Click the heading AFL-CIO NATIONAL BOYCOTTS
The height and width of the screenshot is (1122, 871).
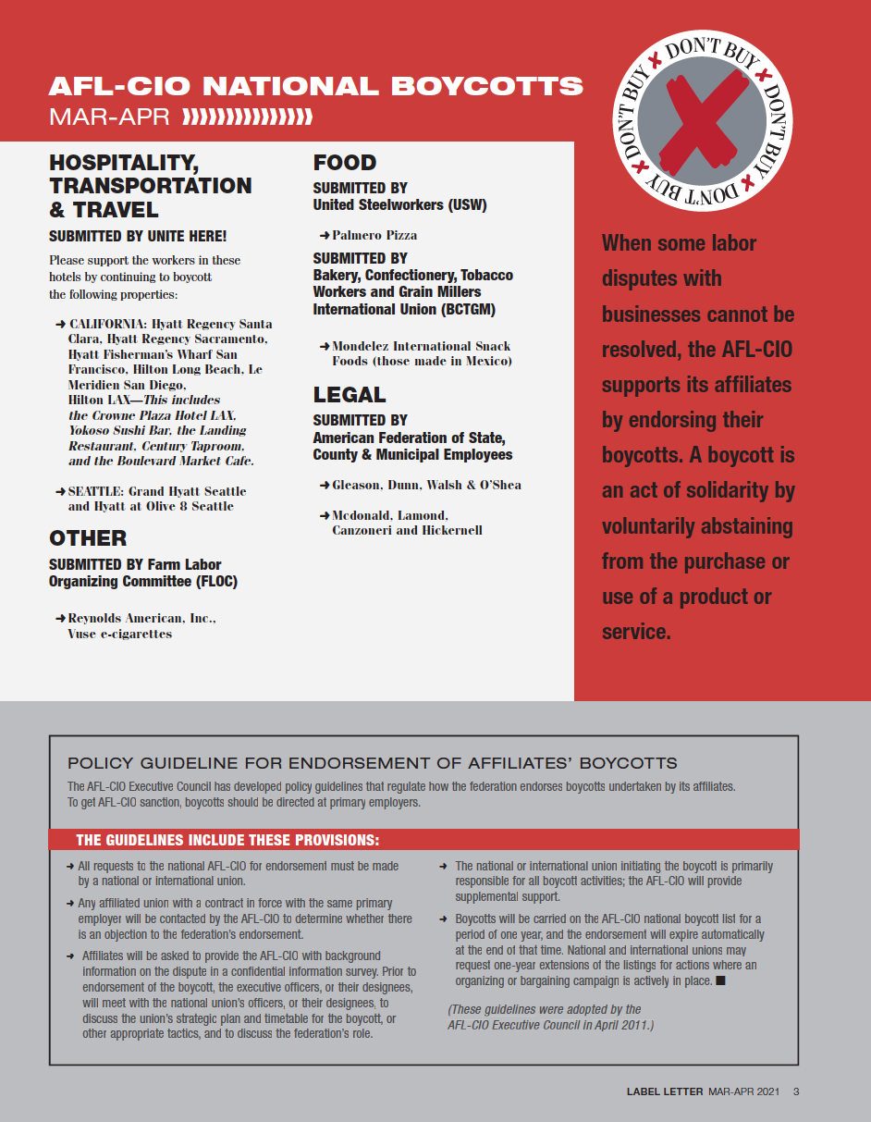click(x=316, y=87)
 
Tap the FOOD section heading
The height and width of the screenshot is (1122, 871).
click(x=344, y=163)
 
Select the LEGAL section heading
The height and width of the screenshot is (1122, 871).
click(x=350, y=395)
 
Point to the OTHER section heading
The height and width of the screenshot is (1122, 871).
click(x=88, y=538)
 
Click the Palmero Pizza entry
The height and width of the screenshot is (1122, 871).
click(x=374, y=236)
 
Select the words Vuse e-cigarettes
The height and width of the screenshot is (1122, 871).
click(x=120, y=634)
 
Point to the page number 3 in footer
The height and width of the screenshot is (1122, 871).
click(x=796, y=1091)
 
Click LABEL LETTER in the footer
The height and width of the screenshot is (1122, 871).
click(x=665, y=1091)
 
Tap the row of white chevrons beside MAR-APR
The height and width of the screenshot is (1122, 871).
click(x=248, y=117)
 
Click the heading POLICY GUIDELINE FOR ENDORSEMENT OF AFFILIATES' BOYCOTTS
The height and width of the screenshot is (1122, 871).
click(x=372, y=763)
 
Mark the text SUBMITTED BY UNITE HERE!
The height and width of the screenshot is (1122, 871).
click(x=138, y=236)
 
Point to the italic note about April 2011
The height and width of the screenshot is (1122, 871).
click(x=550, y=1017)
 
